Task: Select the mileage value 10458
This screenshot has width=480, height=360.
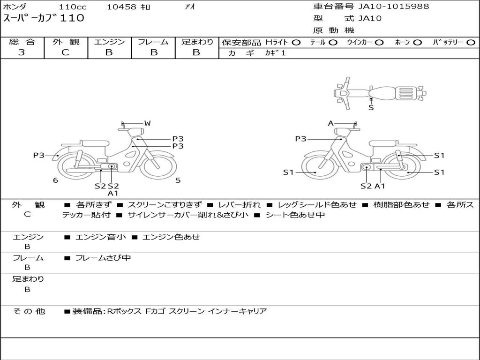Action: point(121,7)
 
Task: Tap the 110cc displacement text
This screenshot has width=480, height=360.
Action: point(70,7)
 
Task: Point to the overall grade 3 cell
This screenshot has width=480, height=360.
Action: point(22,52)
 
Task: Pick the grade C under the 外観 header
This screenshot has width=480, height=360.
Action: point(65,52)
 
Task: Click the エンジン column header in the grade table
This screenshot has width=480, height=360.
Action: point(109,42)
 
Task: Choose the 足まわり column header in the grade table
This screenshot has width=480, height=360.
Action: point(197,42)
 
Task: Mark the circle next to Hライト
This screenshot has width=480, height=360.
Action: point(296,43)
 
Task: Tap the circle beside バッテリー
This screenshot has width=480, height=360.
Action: point(471,43)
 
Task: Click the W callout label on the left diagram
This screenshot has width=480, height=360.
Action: point(147,123)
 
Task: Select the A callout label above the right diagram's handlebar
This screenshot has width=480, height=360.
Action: point(330,123)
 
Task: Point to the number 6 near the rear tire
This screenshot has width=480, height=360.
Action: point(55,180)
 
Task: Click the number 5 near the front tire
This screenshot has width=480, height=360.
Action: point(178,180)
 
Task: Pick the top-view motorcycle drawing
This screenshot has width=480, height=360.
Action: point(380,92)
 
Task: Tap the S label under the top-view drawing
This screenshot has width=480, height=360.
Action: point(371,108)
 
